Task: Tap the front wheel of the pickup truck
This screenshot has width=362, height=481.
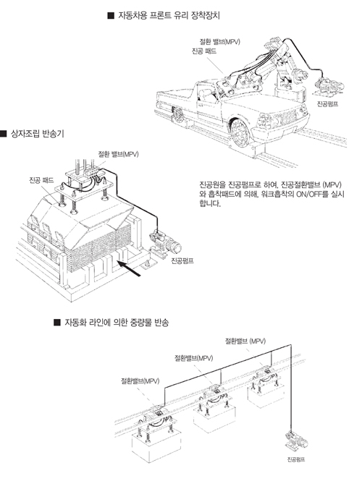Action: (x=240, y=134)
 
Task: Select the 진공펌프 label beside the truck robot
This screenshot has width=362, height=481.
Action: (x=328, y=104)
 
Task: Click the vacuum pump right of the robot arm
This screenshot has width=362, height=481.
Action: (x=329, y=85)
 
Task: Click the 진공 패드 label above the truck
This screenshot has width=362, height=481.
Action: (x=204, y=51)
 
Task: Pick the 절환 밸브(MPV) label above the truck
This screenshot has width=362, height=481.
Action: (x=219, y=41)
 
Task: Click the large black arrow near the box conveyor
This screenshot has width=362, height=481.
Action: (x=129, y=268)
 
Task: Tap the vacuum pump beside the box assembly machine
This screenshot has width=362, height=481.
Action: (x=164, y=243)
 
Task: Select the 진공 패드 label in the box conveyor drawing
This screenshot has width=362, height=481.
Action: (x=41, y=180)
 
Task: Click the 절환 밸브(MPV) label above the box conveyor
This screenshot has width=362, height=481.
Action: (x=118, y=154)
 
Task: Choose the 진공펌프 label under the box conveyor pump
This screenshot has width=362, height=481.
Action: (x=182, y=261)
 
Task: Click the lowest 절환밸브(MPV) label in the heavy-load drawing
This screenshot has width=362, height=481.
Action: (x=140, y=381)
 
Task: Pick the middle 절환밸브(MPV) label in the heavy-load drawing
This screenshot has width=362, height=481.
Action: (x=194, y=358)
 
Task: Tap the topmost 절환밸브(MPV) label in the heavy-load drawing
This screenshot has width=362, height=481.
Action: (x=245, y=341)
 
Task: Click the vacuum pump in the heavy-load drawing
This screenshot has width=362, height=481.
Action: (x=296, y=441)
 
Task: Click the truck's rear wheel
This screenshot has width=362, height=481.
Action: (x=178, y=114)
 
